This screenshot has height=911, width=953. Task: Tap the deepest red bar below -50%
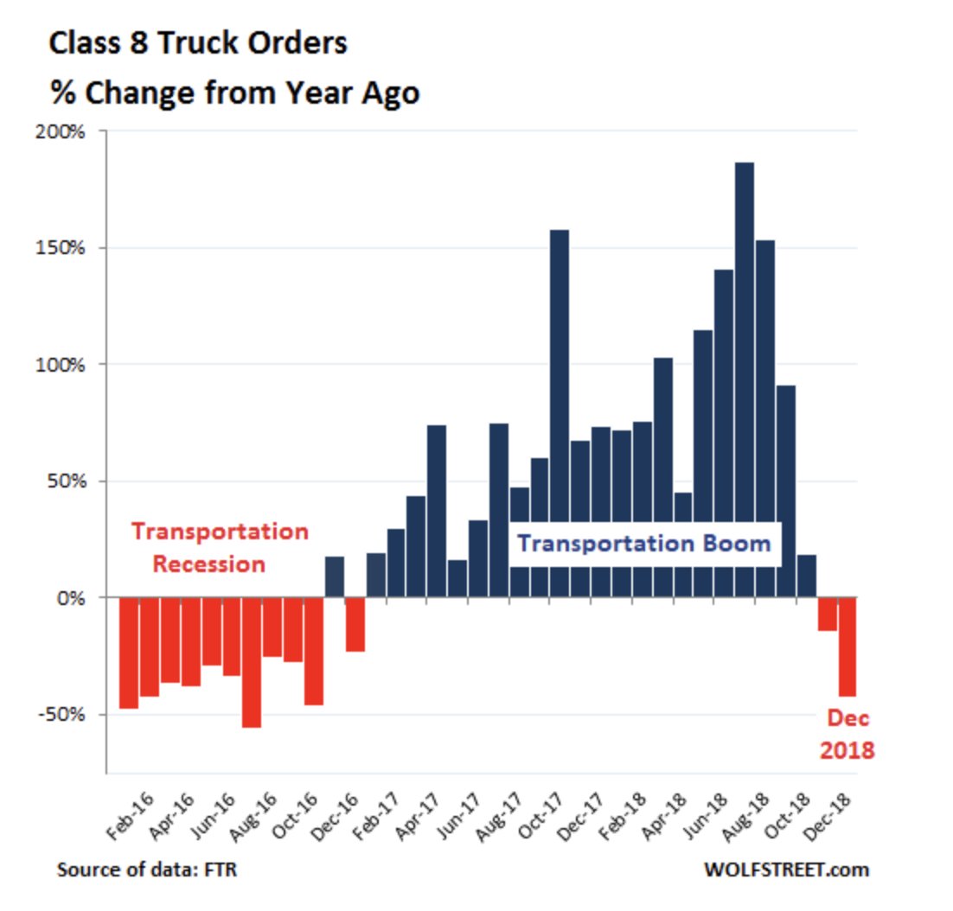[x=252, y=661]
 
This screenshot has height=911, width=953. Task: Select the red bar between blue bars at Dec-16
[x=355, y=623]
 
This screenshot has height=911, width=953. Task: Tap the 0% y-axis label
[x=74, y=597]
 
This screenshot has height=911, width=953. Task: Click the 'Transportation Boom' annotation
[x=643, y=544]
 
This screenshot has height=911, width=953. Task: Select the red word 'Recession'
[x=208, y=564]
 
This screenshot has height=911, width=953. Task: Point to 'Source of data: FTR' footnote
[x=147, y=869]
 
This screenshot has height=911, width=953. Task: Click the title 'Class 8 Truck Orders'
[x=198, y=43]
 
